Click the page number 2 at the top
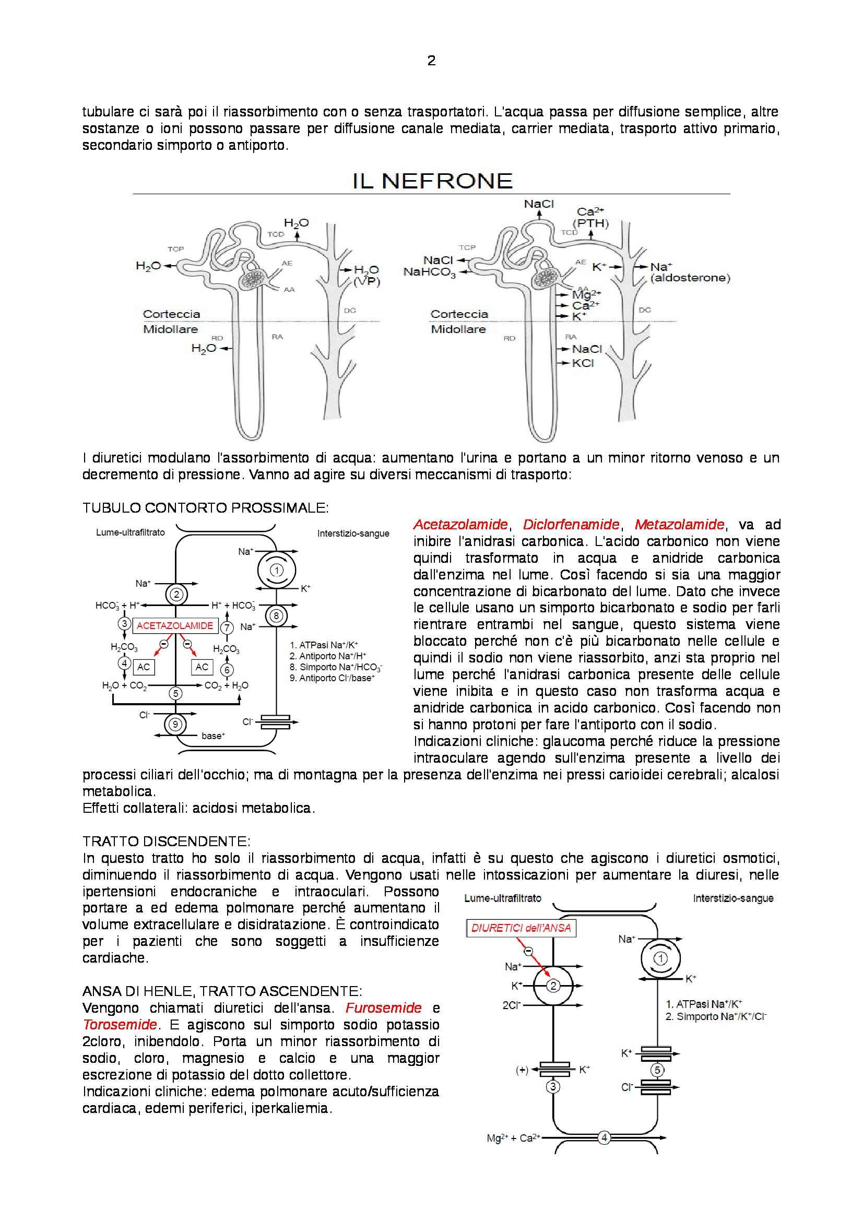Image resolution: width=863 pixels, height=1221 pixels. [431, 61]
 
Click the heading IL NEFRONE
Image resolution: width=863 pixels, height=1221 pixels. [432, 181]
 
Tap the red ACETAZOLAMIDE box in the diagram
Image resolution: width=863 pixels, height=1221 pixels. [175, 626]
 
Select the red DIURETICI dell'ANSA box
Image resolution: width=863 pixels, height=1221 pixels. [521, 929]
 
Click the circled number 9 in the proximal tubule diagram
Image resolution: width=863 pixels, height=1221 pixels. [175, 725]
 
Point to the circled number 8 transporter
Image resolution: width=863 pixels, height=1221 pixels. [276, 616]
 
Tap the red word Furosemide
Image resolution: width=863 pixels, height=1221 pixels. [383, 1007]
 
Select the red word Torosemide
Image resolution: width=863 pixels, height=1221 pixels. [120, 1025]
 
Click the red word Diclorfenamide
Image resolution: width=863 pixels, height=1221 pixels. [571, 525]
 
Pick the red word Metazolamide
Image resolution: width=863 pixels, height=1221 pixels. [679, 525]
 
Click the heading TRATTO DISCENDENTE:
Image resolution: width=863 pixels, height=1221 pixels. [166, 841]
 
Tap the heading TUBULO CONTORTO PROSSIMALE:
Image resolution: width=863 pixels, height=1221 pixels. [205, 508]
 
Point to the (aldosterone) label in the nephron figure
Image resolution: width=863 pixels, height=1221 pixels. [690, 278]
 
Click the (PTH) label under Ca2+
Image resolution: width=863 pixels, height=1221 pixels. [591, 223]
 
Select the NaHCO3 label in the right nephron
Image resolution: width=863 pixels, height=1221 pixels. [429, 272]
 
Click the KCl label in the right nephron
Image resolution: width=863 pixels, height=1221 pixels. [583, 363]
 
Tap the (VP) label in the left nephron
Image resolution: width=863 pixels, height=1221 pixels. [367, 282]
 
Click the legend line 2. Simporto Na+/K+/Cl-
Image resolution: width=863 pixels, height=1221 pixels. [716, 1017]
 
